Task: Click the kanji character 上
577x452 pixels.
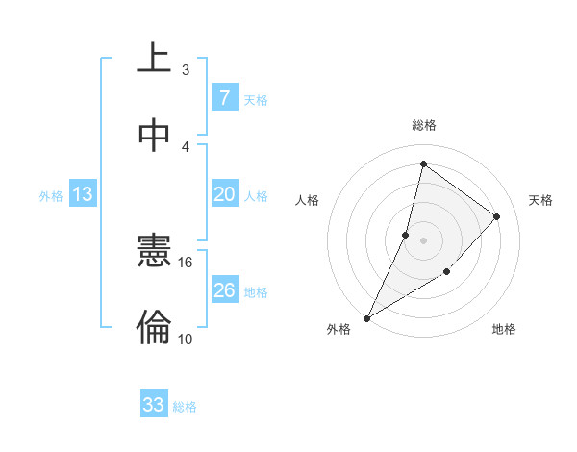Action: [154, 58]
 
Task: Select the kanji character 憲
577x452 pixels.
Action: [154, 253]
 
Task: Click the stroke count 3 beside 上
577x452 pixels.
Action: [186, 69]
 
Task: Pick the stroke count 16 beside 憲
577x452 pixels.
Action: [186, 262]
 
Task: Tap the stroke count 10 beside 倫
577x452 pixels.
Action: [186, 339]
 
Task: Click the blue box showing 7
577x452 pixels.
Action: [224, 98]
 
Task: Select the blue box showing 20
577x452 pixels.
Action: [224, 194]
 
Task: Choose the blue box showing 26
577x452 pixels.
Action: [224, 290]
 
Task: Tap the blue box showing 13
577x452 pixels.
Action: [83, 195]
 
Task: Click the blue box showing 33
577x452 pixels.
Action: [153, 405]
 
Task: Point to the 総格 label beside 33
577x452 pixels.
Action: [185, 407]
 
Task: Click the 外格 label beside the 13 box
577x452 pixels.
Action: [51, 196]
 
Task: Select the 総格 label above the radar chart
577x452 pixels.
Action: [423, 125]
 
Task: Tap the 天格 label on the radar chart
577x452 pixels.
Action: [541, 200]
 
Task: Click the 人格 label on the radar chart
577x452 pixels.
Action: [307, 200]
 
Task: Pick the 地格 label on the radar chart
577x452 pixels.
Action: [504, 330]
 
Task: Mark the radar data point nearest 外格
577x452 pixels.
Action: [366, 317]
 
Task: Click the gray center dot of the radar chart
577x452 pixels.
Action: [423, 239]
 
